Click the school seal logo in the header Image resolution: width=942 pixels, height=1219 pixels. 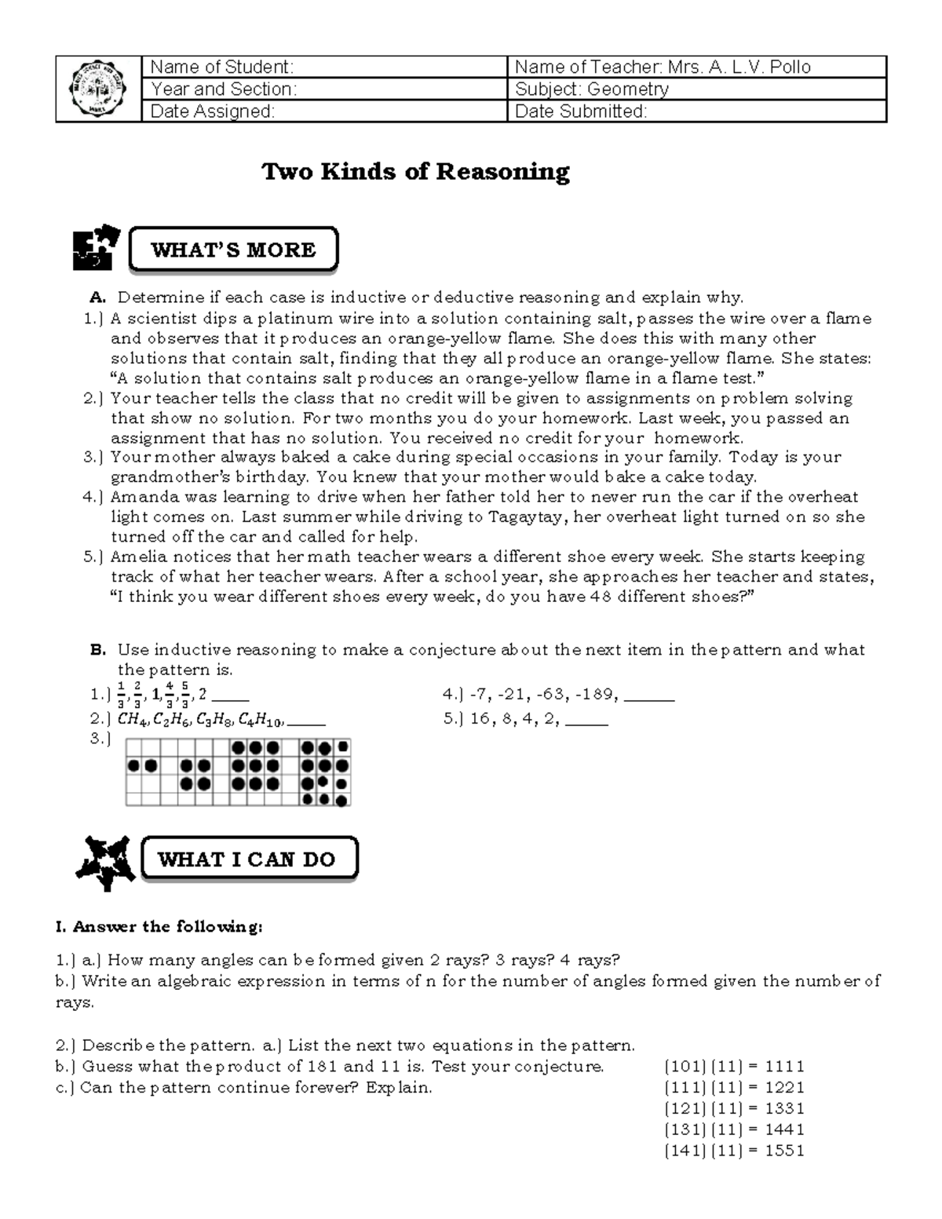(x=98, y=89)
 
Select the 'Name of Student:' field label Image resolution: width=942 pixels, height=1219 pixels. (x=221, y=67)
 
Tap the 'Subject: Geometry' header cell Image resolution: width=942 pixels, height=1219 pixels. (x=592, y=89)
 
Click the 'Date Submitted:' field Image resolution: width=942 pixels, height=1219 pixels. (x=581, y=111)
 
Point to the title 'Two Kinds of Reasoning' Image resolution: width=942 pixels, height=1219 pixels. (x=415, y=171)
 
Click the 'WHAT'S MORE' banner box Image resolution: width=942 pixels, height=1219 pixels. (x=233, y=250)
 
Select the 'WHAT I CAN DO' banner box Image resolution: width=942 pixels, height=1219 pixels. (x=247, y=859)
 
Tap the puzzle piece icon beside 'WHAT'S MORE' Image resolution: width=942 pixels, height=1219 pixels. (x=97, y=248)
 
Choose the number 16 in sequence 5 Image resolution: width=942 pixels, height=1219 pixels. (x=480, y=718)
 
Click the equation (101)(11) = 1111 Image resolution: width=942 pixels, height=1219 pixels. (x=735, y=1067)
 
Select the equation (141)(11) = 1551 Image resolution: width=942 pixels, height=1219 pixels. (x=735, y=1151)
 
